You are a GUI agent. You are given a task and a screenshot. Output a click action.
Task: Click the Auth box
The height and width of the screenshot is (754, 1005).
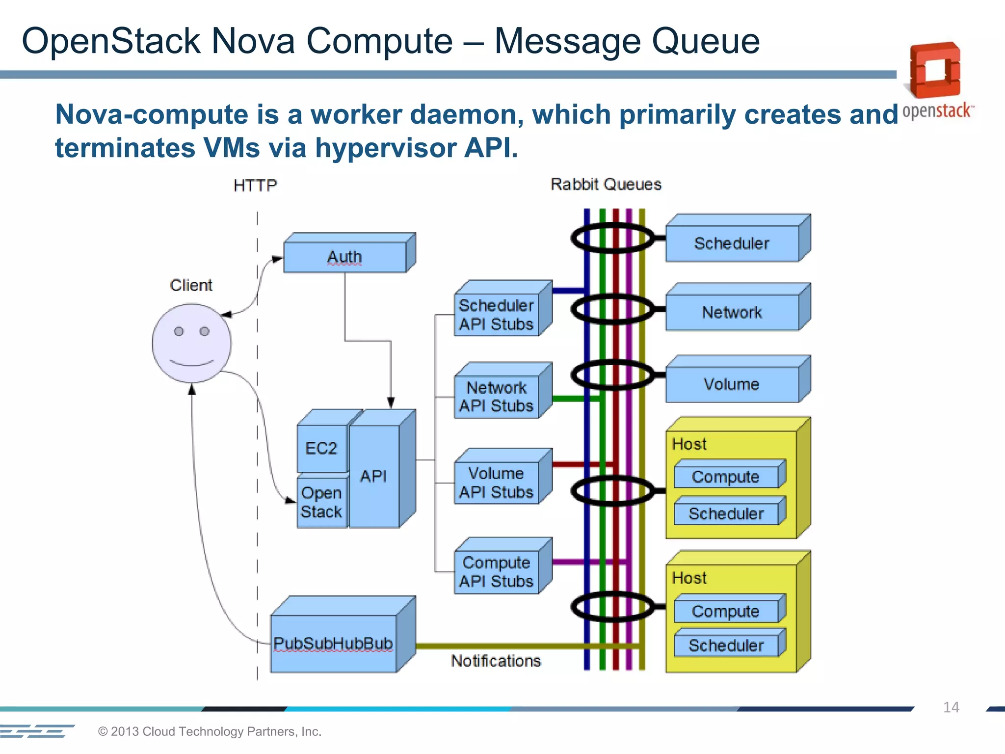[345, 257]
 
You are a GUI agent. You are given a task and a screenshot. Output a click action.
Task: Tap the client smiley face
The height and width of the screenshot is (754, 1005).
[191, 343]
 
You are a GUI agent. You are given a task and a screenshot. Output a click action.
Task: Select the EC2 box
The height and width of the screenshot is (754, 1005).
[321, 448]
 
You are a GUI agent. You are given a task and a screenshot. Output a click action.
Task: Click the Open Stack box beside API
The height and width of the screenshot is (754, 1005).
[321, 502]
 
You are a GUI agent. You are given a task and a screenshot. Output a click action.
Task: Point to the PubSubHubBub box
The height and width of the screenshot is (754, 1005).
[333, 643]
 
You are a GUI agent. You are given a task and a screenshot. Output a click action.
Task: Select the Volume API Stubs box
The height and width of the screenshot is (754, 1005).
[496, 483]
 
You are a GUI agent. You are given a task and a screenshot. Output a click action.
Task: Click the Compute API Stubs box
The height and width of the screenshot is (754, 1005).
[496, 572]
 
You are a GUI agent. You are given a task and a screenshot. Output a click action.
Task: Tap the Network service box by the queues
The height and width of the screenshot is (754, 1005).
[732, 312]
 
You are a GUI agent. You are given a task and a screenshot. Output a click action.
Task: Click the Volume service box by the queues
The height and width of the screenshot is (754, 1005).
[732, 384]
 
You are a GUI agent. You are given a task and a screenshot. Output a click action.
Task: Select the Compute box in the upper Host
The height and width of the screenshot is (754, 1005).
[726, 477]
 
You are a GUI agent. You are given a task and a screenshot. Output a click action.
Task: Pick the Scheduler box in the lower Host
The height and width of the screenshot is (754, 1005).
[726, 645]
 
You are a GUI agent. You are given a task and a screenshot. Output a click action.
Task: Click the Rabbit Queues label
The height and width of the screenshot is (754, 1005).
[606, 185]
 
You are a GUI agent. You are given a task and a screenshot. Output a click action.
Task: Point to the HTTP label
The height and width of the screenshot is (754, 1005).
[255, 186]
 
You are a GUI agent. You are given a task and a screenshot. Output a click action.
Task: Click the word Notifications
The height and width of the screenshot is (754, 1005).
[496, 661]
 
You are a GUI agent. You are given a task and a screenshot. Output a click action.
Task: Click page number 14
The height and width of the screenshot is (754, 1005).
[951, 707]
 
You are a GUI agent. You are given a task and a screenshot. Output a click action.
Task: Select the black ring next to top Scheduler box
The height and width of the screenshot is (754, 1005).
[612, 238]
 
